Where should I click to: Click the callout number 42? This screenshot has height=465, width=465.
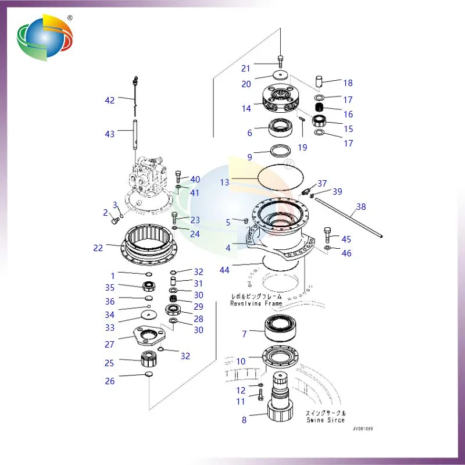tap(109, 100)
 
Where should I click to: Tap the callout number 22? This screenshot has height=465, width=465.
tap(98, 248)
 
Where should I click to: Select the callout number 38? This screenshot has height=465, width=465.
tap(361, 207)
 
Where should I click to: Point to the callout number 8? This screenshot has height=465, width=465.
tap(244, 419)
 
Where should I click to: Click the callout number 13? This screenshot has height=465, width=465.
tap(225, 182)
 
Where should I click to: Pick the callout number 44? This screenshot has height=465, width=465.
tap(224, 270)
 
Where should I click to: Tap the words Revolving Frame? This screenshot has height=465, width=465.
tap(256, 303)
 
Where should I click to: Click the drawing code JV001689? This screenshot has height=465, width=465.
tap(362, 429)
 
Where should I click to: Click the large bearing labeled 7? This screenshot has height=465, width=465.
tap(282, 329)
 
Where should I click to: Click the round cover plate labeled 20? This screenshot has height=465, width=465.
tap(282, 76)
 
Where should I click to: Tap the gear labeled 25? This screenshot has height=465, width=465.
tap(149, 359)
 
